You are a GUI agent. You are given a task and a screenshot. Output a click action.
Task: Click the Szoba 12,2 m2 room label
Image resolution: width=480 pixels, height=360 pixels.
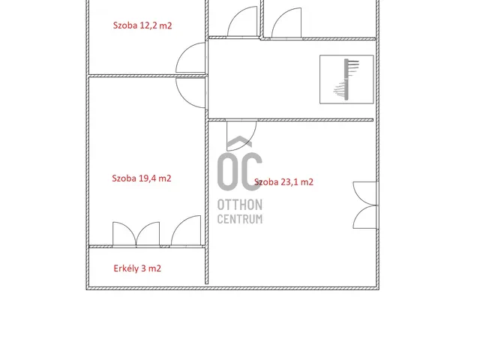pyautogui.click(x=142, y=25)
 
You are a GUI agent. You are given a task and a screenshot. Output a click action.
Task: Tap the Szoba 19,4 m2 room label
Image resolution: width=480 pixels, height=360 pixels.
pyautogui.click(x=142, y=178)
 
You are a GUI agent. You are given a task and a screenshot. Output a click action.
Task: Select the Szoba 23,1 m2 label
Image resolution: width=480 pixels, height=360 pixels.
pyautogui.click(x=283, y=182)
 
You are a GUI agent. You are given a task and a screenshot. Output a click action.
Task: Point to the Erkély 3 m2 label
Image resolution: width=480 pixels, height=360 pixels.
pyautogui.click(x=137, y=268)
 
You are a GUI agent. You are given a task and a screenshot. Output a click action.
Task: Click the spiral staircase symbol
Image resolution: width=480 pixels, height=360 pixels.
pyautogui.click(x=346, y=79)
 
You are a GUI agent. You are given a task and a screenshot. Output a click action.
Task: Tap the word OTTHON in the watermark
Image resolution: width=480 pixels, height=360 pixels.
pyautogui.click(x=240, y=205)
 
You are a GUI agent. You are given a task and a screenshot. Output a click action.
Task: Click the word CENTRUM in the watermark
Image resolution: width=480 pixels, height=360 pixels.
pyautogui.click(x=240, y=219)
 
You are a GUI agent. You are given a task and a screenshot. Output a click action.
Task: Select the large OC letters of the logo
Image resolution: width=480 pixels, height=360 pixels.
pyautogui.click(x=240, y=172)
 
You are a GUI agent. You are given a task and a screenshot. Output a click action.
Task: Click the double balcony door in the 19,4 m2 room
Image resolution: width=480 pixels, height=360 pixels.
pyautogui.click(x=136, y=234)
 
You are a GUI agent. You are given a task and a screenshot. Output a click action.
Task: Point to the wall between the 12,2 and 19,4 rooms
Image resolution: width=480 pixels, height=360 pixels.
pyautogui.click(x=148, y=75)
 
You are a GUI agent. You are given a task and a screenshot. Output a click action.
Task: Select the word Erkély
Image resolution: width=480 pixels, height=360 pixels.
pyautogui.click(x=126, y=268)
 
